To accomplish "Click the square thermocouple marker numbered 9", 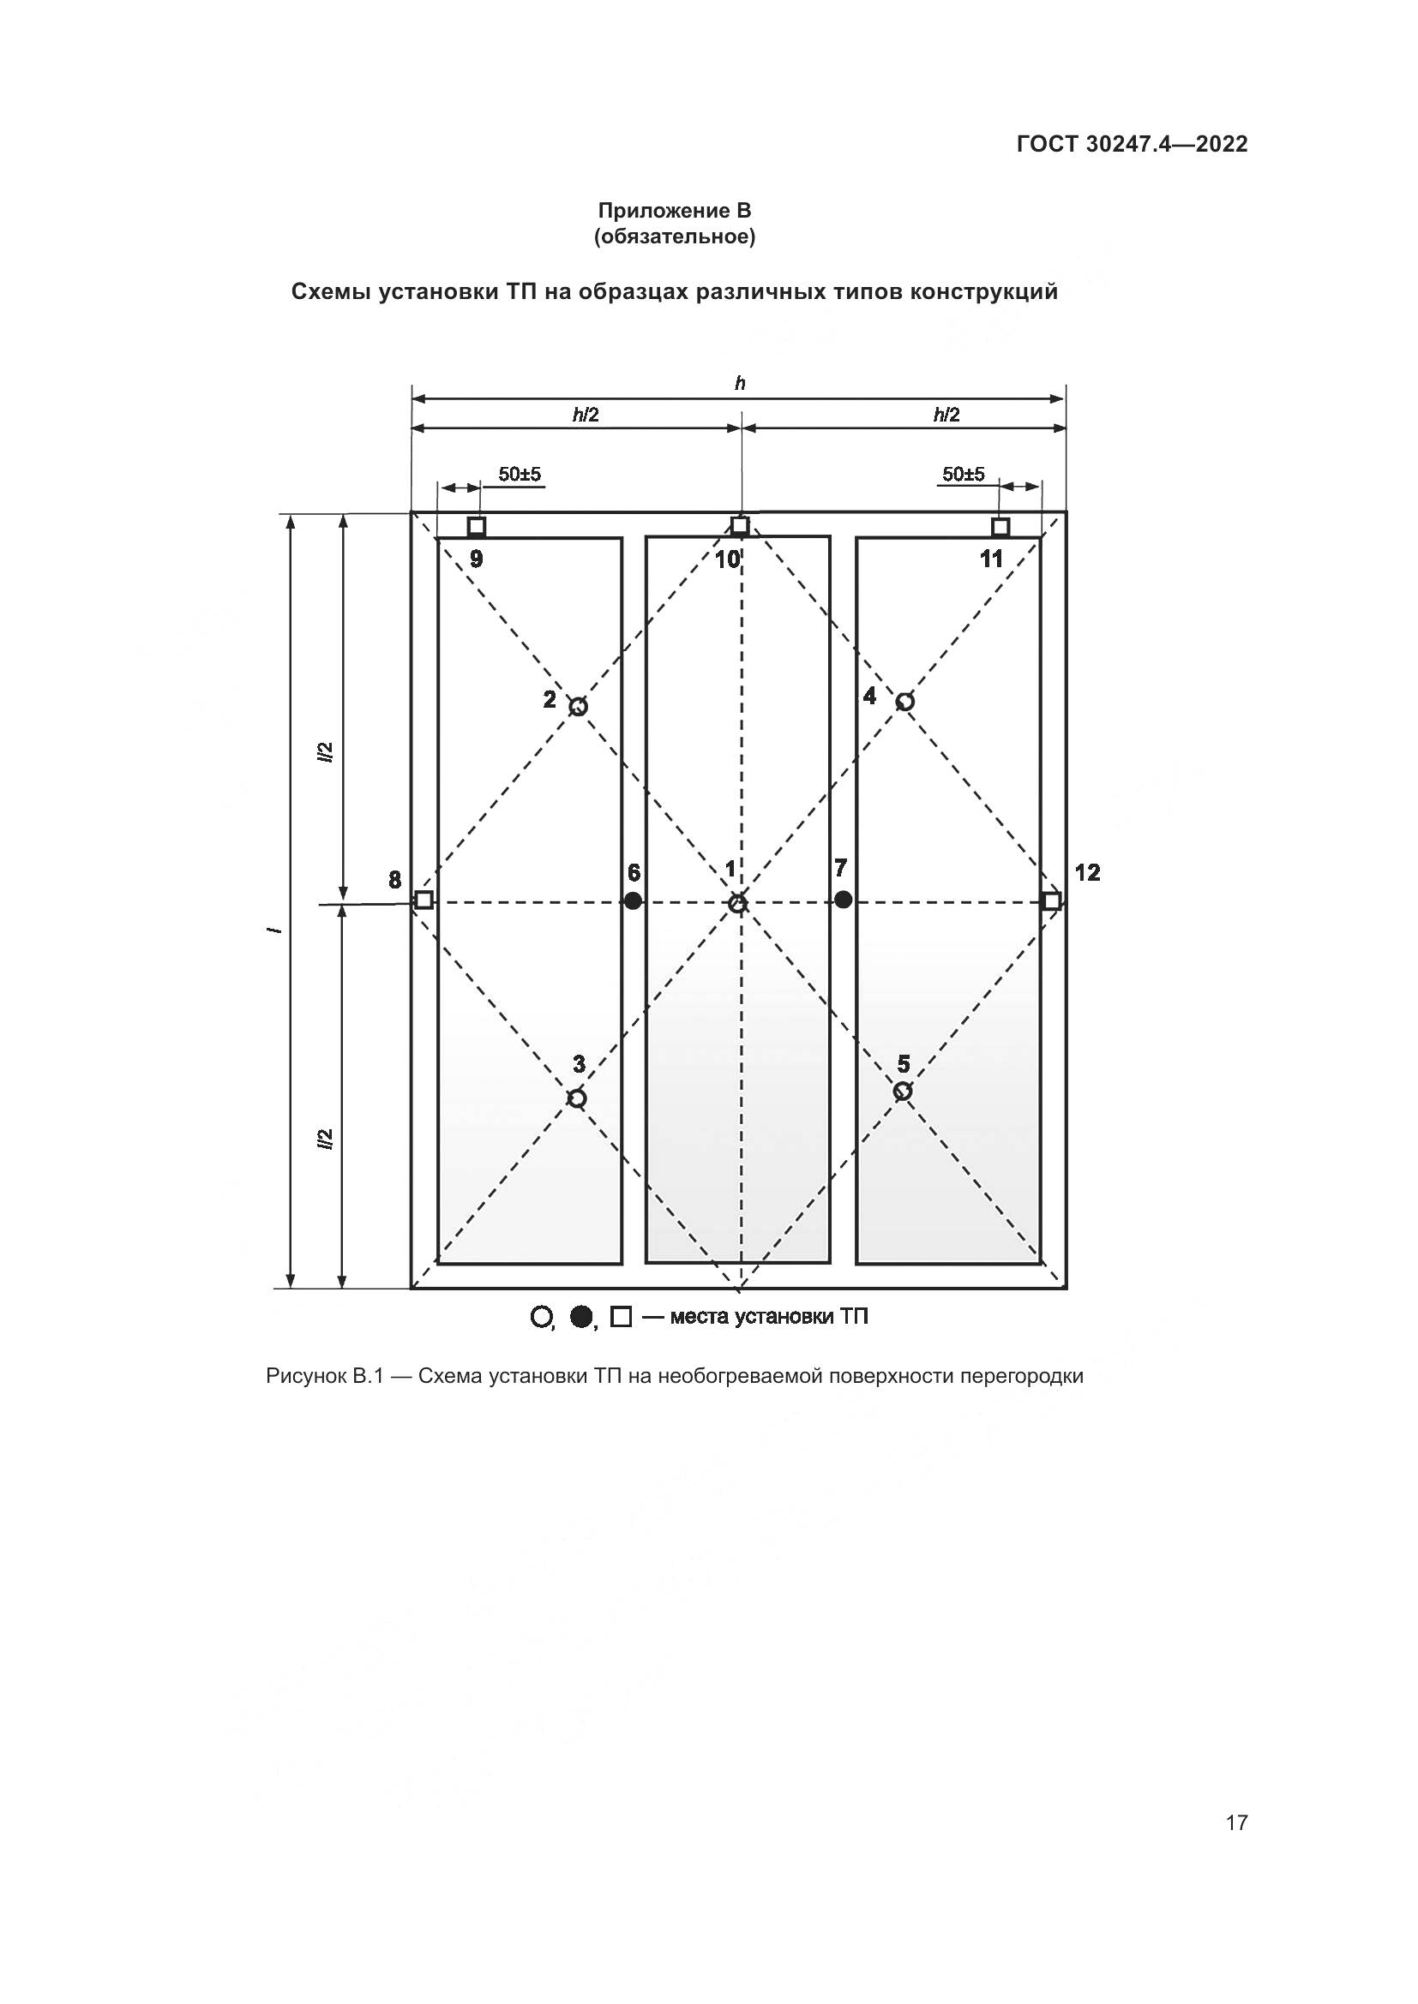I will (476, 526).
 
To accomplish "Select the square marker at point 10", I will (740, 525).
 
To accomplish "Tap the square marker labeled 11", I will (1000, 527).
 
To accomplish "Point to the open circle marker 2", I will (578, 706).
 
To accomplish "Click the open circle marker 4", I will (905, 701).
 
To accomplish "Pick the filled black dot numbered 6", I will (633, 900).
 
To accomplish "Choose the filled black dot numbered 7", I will (843, 899).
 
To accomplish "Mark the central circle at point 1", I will (738, 903).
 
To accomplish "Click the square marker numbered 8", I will (424, 900).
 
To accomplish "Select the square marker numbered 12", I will (1052, 900).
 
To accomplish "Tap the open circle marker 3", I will (577, 1098).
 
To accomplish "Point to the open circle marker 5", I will (903, 1091).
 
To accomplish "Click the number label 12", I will (1087, 872).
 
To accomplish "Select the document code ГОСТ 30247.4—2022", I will (1132, 144).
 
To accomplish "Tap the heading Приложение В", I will (674, 211).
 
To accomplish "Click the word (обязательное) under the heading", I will (674, 236).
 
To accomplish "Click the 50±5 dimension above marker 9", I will (520, 474).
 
